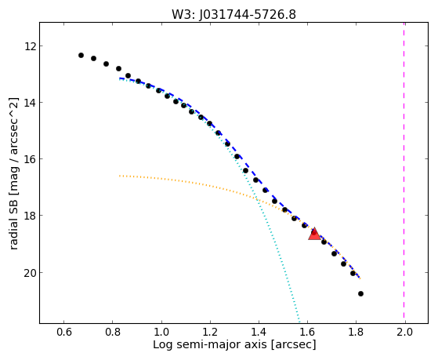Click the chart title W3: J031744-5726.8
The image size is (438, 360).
pyautogui.click(x=233, y=15)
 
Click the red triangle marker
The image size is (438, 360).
pyautogui.click(x=314, y=235)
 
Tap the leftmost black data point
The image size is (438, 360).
pyautogui.click(x=81, y=56)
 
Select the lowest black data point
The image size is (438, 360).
pyautogui.click(x=360, y=293)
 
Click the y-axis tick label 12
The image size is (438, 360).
pyautogui.click(x=30, y=45)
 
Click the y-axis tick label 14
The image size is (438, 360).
pyautogui.click(x=30, y=103)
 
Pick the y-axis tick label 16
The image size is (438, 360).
pyautogui.click(x=30, y=159)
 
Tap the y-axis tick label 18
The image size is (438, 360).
pyautogui.click(x=30, y=216)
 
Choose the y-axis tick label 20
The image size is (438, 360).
pyautogui.click(x=30, y=273)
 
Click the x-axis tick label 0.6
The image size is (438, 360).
pyautogui.click(x=64, y=332)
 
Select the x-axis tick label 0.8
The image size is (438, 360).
pyautogui.click(x=113, y=332)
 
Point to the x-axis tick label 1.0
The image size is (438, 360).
pyautogui.click(x=161, y=332)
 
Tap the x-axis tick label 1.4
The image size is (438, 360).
pyautogui.click(x=259, y=332)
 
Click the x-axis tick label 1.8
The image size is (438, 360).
pyautogui.click(x=356, y=332)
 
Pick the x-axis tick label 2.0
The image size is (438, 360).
pyautogui.click(x=404, y=332)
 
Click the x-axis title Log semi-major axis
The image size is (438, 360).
pyautogui.click(x=210, y=344)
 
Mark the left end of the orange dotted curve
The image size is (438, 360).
pyautogui.click(x=120, y=176)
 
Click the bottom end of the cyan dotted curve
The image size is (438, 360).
pyautogui.click(x=299, y=322)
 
